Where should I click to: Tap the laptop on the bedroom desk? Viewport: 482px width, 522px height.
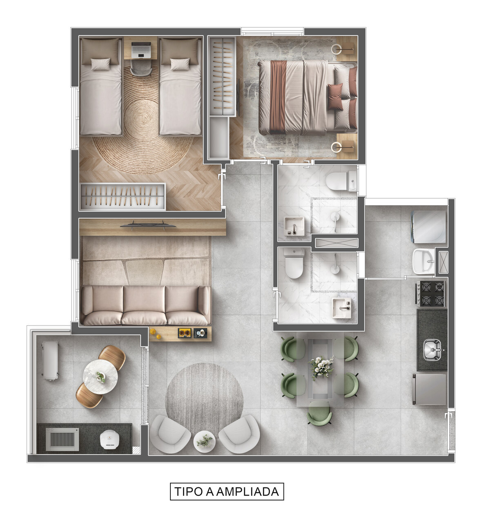141,50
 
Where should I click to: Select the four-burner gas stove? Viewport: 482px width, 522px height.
431,294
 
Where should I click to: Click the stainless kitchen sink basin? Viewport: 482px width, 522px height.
432,349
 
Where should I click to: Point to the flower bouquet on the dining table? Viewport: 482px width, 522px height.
321,367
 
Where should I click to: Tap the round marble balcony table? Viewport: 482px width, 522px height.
100,377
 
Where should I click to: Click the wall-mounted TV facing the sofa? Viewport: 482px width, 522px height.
148,225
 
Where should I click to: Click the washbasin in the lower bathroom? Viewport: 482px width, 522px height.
341,308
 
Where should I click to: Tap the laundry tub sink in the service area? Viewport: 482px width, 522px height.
423,261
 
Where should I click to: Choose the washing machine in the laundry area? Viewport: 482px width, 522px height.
429,227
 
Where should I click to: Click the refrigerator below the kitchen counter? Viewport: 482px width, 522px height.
429,389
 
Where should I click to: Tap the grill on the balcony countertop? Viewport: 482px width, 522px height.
62,439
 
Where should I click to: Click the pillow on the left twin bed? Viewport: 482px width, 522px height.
100,64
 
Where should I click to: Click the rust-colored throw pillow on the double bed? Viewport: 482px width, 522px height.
335,93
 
